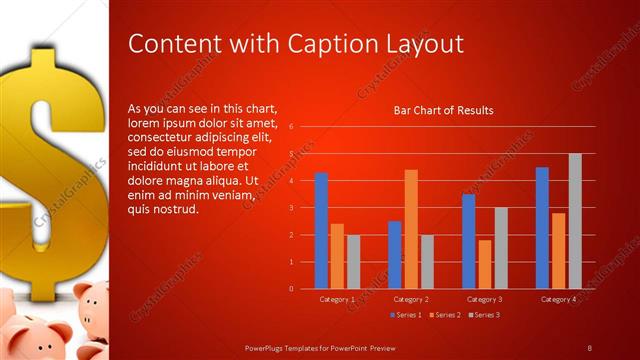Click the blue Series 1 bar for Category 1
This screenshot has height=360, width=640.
point(321,230)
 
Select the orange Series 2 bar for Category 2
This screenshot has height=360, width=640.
point(411,229)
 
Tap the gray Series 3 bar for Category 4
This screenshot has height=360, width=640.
point(575,221)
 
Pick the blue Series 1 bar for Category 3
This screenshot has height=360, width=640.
point(469,241)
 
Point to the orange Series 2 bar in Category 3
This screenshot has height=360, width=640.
point(485,264)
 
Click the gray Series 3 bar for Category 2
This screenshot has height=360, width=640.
point(427,261)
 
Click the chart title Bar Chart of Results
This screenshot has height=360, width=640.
point(443,111)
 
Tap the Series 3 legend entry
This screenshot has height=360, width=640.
point(485,315)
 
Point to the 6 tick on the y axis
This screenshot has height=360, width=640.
point(290,127)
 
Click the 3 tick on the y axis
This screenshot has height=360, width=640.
point(290,208)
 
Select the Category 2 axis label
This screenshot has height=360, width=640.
point(411,299)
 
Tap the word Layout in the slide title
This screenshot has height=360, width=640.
point(421,44)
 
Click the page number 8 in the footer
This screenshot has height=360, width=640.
point(589,347)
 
